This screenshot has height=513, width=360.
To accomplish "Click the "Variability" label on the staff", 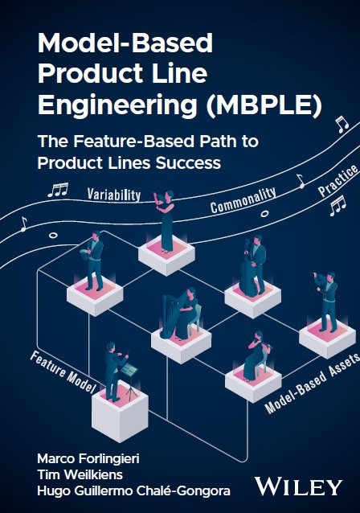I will click(114, 194).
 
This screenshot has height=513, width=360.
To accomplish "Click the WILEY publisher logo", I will click(298, 486).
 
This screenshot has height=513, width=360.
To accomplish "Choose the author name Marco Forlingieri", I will click(89, 458).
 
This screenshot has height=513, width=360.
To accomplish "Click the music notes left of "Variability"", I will click(58, 191).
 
